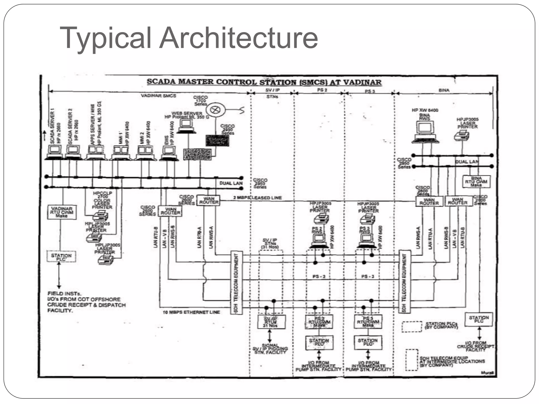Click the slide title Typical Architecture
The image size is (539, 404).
point(189,38)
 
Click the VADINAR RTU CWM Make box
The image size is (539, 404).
point(62,212)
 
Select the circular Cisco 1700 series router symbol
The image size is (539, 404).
point(216,110)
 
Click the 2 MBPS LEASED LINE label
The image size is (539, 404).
point(257,198)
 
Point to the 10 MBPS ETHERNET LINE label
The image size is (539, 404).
point(191,312)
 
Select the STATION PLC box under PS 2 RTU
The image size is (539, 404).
point(319,342)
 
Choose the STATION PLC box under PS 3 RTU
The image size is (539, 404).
point(368,342)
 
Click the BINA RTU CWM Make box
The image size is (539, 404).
point(476,182)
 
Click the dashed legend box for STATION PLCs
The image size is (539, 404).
point(412,327)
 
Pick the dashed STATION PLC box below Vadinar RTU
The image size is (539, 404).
point(61,256)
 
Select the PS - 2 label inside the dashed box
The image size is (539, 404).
point(319,277)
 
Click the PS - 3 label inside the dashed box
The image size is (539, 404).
point(368,277)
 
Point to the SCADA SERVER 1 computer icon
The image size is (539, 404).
point(54,152)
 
